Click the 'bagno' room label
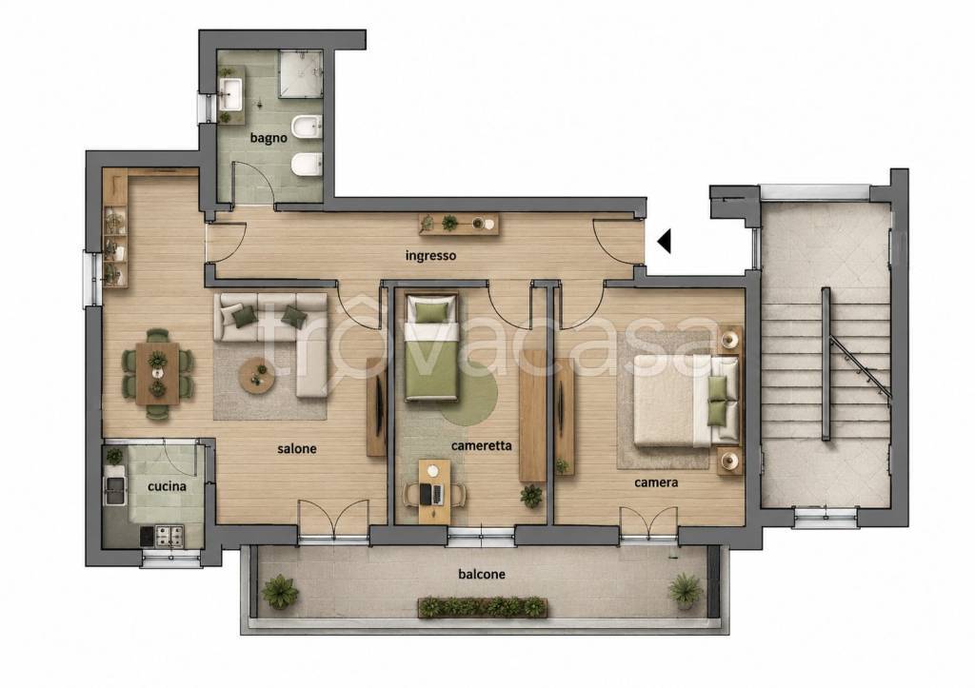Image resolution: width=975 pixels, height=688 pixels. [269, 137]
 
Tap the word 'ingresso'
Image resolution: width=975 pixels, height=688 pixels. [430, 255]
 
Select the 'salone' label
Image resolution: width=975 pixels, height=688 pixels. [297, 448]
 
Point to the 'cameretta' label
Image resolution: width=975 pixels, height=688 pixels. [481, 445]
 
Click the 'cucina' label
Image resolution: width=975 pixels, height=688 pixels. [167, 486]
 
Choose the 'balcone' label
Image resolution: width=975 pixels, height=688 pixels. [481, 574]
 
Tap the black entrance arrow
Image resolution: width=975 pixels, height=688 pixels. [664, 241]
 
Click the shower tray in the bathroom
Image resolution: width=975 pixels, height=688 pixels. [300, 74]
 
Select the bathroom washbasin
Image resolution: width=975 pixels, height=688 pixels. [230, 94]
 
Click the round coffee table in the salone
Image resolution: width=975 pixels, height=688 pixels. [257, 375]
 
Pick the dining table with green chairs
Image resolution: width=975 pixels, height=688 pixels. [157, 374]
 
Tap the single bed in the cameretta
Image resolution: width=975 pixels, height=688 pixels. [431, 347]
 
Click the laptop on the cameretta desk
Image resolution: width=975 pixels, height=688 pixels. [431, 494]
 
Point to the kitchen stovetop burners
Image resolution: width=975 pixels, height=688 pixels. [169, 536]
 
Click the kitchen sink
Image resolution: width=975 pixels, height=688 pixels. [115, 490]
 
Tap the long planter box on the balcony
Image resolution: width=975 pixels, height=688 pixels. [483, 607]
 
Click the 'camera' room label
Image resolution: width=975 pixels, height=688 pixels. [656, 482]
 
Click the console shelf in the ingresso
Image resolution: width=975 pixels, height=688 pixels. [459, 224]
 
